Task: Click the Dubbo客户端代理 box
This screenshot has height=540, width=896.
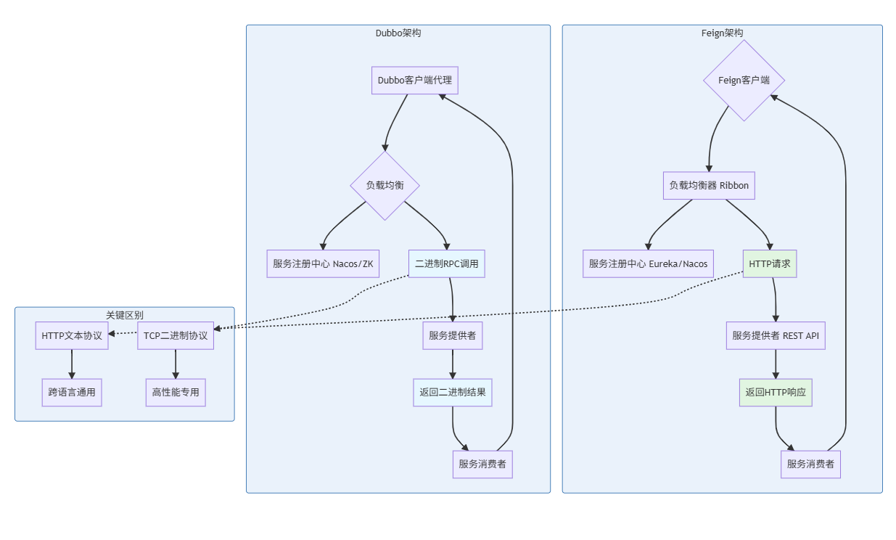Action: tap(415, 80)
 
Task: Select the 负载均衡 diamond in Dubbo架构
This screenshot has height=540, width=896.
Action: tap(385, 185)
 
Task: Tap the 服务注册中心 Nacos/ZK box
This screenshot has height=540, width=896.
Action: tap(323, 263)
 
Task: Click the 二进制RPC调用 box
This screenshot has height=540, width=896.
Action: tap(446, 263)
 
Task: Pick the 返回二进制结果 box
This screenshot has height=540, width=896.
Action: tap(453, 393)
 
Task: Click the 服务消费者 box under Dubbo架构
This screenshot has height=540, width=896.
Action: tap(482, 464)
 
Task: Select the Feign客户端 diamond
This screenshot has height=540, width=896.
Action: tap(744, 81)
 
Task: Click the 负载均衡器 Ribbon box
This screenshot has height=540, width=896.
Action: tap(709, 185)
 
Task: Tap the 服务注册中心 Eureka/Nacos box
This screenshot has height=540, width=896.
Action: tap(648, 263)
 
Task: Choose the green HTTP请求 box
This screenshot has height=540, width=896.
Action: tap(770, 263)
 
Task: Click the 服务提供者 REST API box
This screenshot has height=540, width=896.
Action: tap(776, 335)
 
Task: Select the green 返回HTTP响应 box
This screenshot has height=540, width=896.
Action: tap(776, 393)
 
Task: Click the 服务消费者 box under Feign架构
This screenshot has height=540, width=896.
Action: tap(810, 464)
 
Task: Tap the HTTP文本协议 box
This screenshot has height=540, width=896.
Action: tap(72, 335)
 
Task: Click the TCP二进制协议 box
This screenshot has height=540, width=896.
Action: tap(176, 335)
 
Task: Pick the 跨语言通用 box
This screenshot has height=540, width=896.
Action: tap(72, 393)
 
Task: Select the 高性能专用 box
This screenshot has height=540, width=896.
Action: tap(176, 393)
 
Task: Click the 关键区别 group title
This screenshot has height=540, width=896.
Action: tap(124, 315)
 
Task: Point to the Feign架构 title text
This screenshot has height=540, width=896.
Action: tap(722, 33)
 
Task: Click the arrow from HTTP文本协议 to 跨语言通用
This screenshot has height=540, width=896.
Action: tap(72, 364)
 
